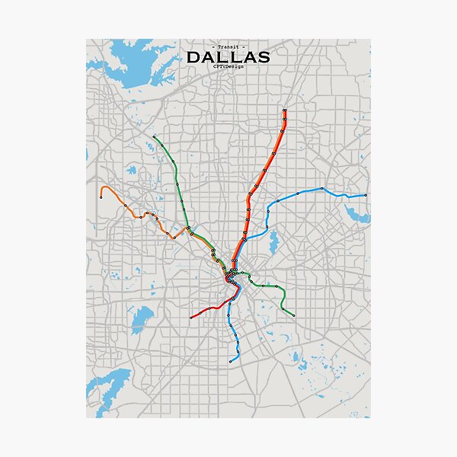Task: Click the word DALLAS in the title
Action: coord(228,57)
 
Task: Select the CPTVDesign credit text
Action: coord(228,67)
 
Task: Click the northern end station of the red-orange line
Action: coord(284,111)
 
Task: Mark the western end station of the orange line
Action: coord(101,197)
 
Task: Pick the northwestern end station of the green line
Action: coord(155,137)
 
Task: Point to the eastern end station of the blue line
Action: coord(366,196)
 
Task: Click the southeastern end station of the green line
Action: coord(294,315)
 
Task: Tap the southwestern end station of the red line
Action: coord(190,317)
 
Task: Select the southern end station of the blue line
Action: coord(231,361)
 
